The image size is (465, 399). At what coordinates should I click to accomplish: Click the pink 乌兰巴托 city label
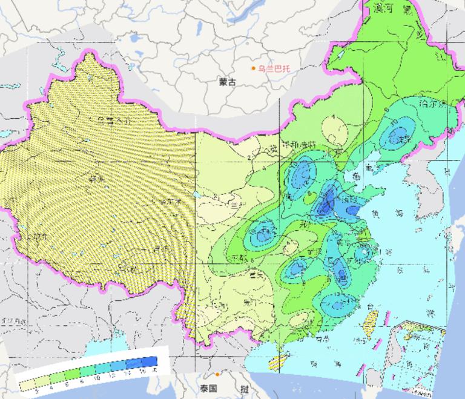(x=274, y=69)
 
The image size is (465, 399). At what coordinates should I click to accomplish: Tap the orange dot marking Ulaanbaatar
(x=254, y=68)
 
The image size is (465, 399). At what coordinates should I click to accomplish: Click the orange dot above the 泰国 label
(x=217, y=375)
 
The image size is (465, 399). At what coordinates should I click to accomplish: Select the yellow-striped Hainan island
(x=276, y=361)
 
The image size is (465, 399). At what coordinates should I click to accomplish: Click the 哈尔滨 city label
(x=430, y=104)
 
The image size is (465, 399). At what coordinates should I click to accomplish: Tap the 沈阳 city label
(x=401, y=139)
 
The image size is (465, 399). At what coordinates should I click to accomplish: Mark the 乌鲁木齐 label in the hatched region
(x=112, y=121)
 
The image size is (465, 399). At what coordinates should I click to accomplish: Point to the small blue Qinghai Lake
(x=196, y=196)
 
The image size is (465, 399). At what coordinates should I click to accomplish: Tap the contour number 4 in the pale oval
(x=333, y=118)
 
